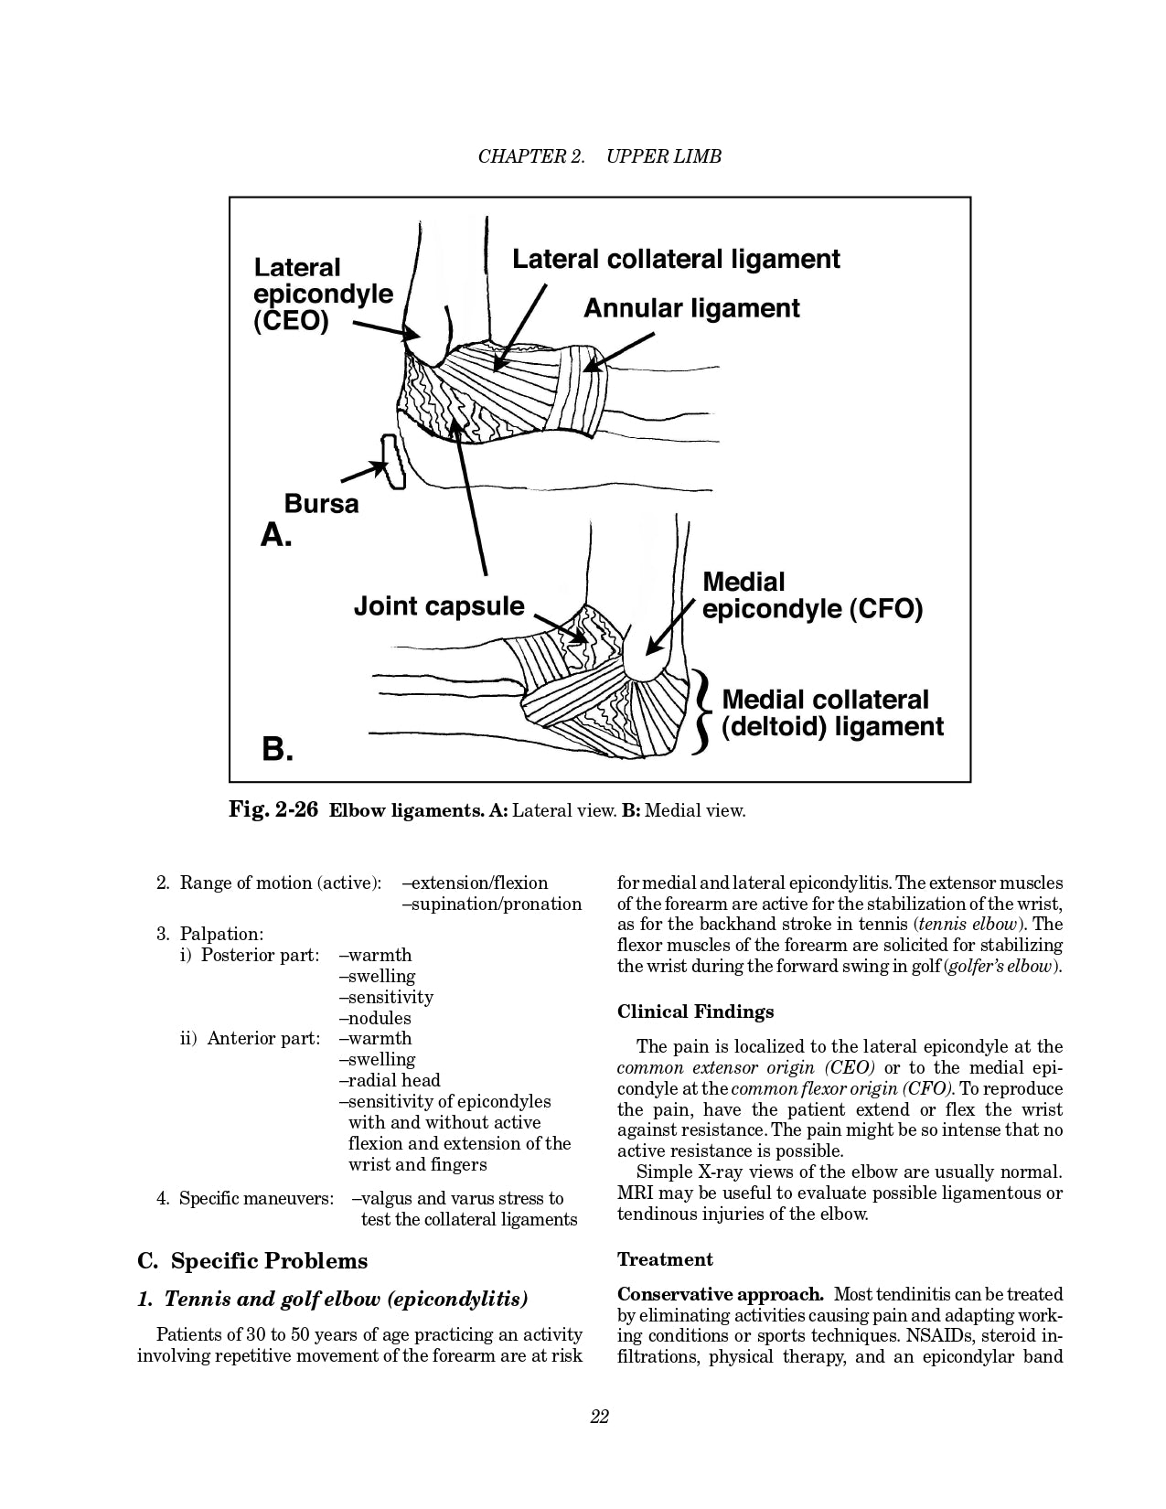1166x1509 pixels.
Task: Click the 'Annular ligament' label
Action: [691, 309]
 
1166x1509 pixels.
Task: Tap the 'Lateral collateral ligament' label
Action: [676, 260]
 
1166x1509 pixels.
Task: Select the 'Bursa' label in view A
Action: [321, 504]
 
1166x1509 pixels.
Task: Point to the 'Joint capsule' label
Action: [439, 606]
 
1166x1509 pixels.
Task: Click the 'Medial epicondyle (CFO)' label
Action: [812, 595]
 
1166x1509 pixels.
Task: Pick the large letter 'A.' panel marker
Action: [276, 535]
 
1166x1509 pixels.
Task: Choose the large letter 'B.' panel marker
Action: [277, 750]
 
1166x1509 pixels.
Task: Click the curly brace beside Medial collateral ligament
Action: [702, 713]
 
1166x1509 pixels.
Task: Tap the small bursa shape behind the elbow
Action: [394, 462]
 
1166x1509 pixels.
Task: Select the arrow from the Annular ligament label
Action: [619, 352]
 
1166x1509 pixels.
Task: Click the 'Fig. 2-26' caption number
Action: [273, 810]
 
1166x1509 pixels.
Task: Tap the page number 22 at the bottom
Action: [600, 1417]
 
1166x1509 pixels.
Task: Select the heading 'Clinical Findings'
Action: [695, 1011]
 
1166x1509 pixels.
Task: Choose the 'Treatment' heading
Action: [665, 1259]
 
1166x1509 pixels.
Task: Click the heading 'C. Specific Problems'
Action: [252, 1261]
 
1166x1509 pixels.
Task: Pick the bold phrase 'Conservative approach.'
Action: [721, 1294]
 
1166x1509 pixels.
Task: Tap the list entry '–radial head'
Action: [390, 1080]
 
